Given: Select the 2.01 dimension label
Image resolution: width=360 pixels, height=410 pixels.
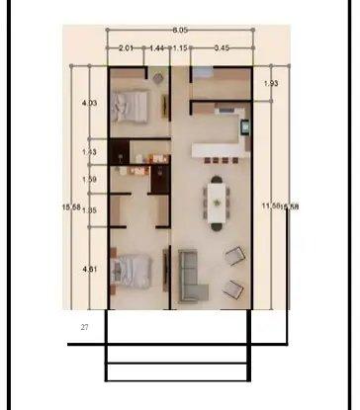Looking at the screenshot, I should tap(126, 47).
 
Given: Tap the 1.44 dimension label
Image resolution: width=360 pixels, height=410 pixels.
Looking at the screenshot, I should tap(156, 47).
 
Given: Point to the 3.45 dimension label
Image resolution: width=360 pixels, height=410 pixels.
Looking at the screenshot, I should tap(222, 47).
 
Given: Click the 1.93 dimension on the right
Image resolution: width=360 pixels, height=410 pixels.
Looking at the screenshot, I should tap(271, 85).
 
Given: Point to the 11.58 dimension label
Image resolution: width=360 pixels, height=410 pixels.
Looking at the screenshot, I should tap(268, 205).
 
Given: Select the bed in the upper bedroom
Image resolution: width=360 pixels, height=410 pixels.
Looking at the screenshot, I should tap(130, 104).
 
